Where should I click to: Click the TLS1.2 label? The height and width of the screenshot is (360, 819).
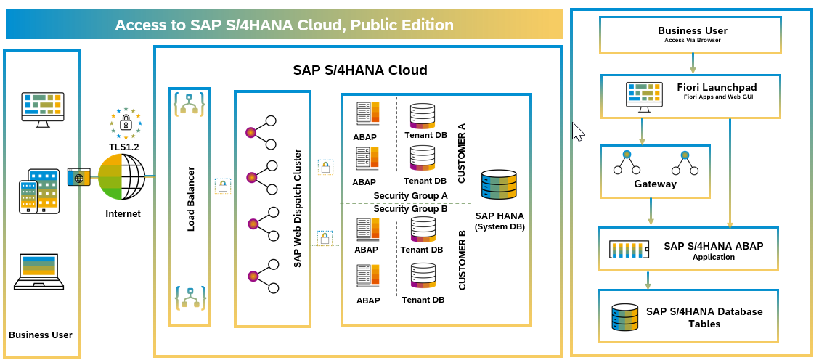pyautogui.click(x=123, y=147)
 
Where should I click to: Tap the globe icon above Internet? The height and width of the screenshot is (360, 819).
pyautogui.click(x=123, y=177)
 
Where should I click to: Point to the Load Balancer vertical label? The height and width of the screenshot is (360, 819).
pyautogui.click(x=191, y=199)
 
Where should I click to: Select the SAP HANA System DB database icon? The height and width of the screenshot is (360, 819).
pyautogui.click(x=499, y=187)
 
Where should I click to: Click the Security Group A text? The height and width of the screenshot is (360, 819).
pyautogui.click(x=410, y=196)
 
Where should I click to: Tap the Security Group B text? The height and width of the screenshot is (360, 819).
pyautogui.click(x=410, y=209)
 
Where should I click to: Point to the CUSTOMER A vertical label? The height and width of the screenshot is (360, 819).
pyautogui.click(x=461, y=152)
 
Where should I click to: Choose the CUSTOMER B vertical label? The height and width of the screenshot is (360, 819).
pyautogui.click(x=462, y=260)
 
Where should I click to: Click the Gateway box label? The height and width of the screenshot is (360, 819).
pyautogui.click(x=655, y=184)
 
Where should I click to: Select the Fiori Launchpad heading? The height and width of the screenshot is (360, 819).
pyautogui.click(x=701, y=87)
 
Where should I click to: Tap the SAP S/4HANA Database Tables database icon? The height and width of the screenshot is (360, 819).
pyautogui.click(x=624, y=317)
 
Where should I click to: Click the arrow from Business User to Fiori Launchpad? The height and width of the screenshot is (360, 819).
pyautogui.click(x=693, y=64)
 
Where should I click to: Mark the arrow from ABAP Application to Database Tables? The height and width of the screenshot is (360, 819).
pyautogui.click(x=648, y=280)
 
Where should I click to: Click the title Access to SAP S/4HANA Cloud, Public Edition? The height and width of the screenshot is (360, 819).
pyautogui.click(x=284, y=25)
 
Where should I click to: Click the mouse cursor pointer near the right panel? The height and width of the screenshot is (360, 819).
pyautogui.click(x=578, y=132)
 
